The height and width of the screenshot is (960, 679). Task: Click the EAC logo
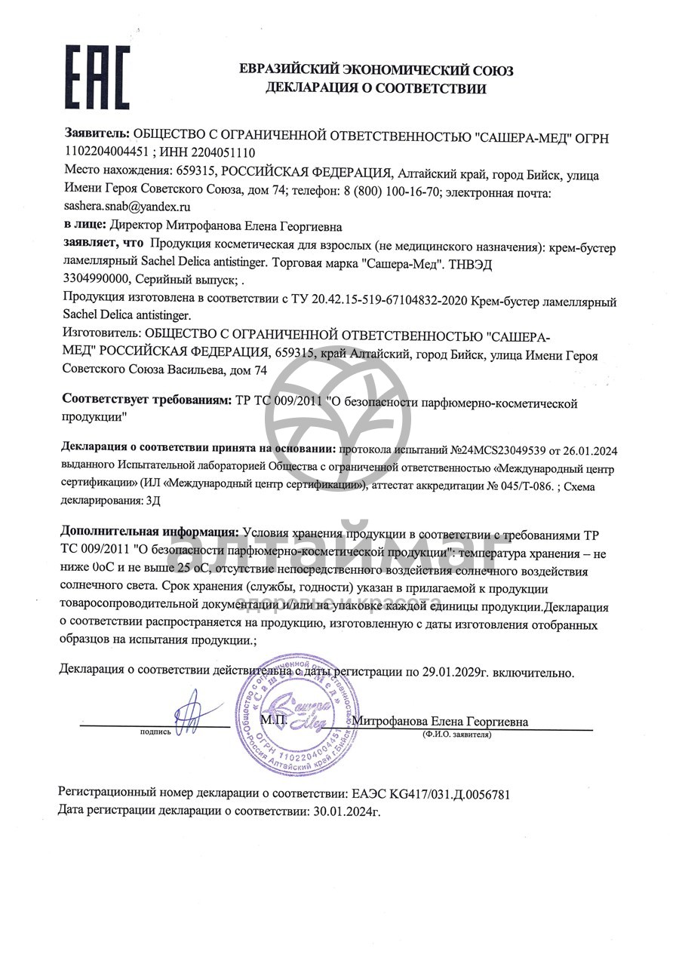coord(97,77)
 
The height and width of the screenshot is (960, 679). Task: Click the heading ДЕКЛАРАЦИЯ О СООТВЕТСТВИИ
coord(376,88)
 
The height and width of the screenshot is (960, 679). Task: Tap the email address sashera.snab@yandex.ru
coord(127,205)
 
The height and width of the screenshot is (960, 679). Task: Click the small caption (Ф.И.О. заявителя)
coord(457,734)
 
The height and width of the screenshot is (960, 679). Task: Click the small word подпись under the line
coord(155,732)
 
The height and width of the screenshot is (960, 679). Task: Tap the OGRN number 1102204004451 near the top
coord(112,152)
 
